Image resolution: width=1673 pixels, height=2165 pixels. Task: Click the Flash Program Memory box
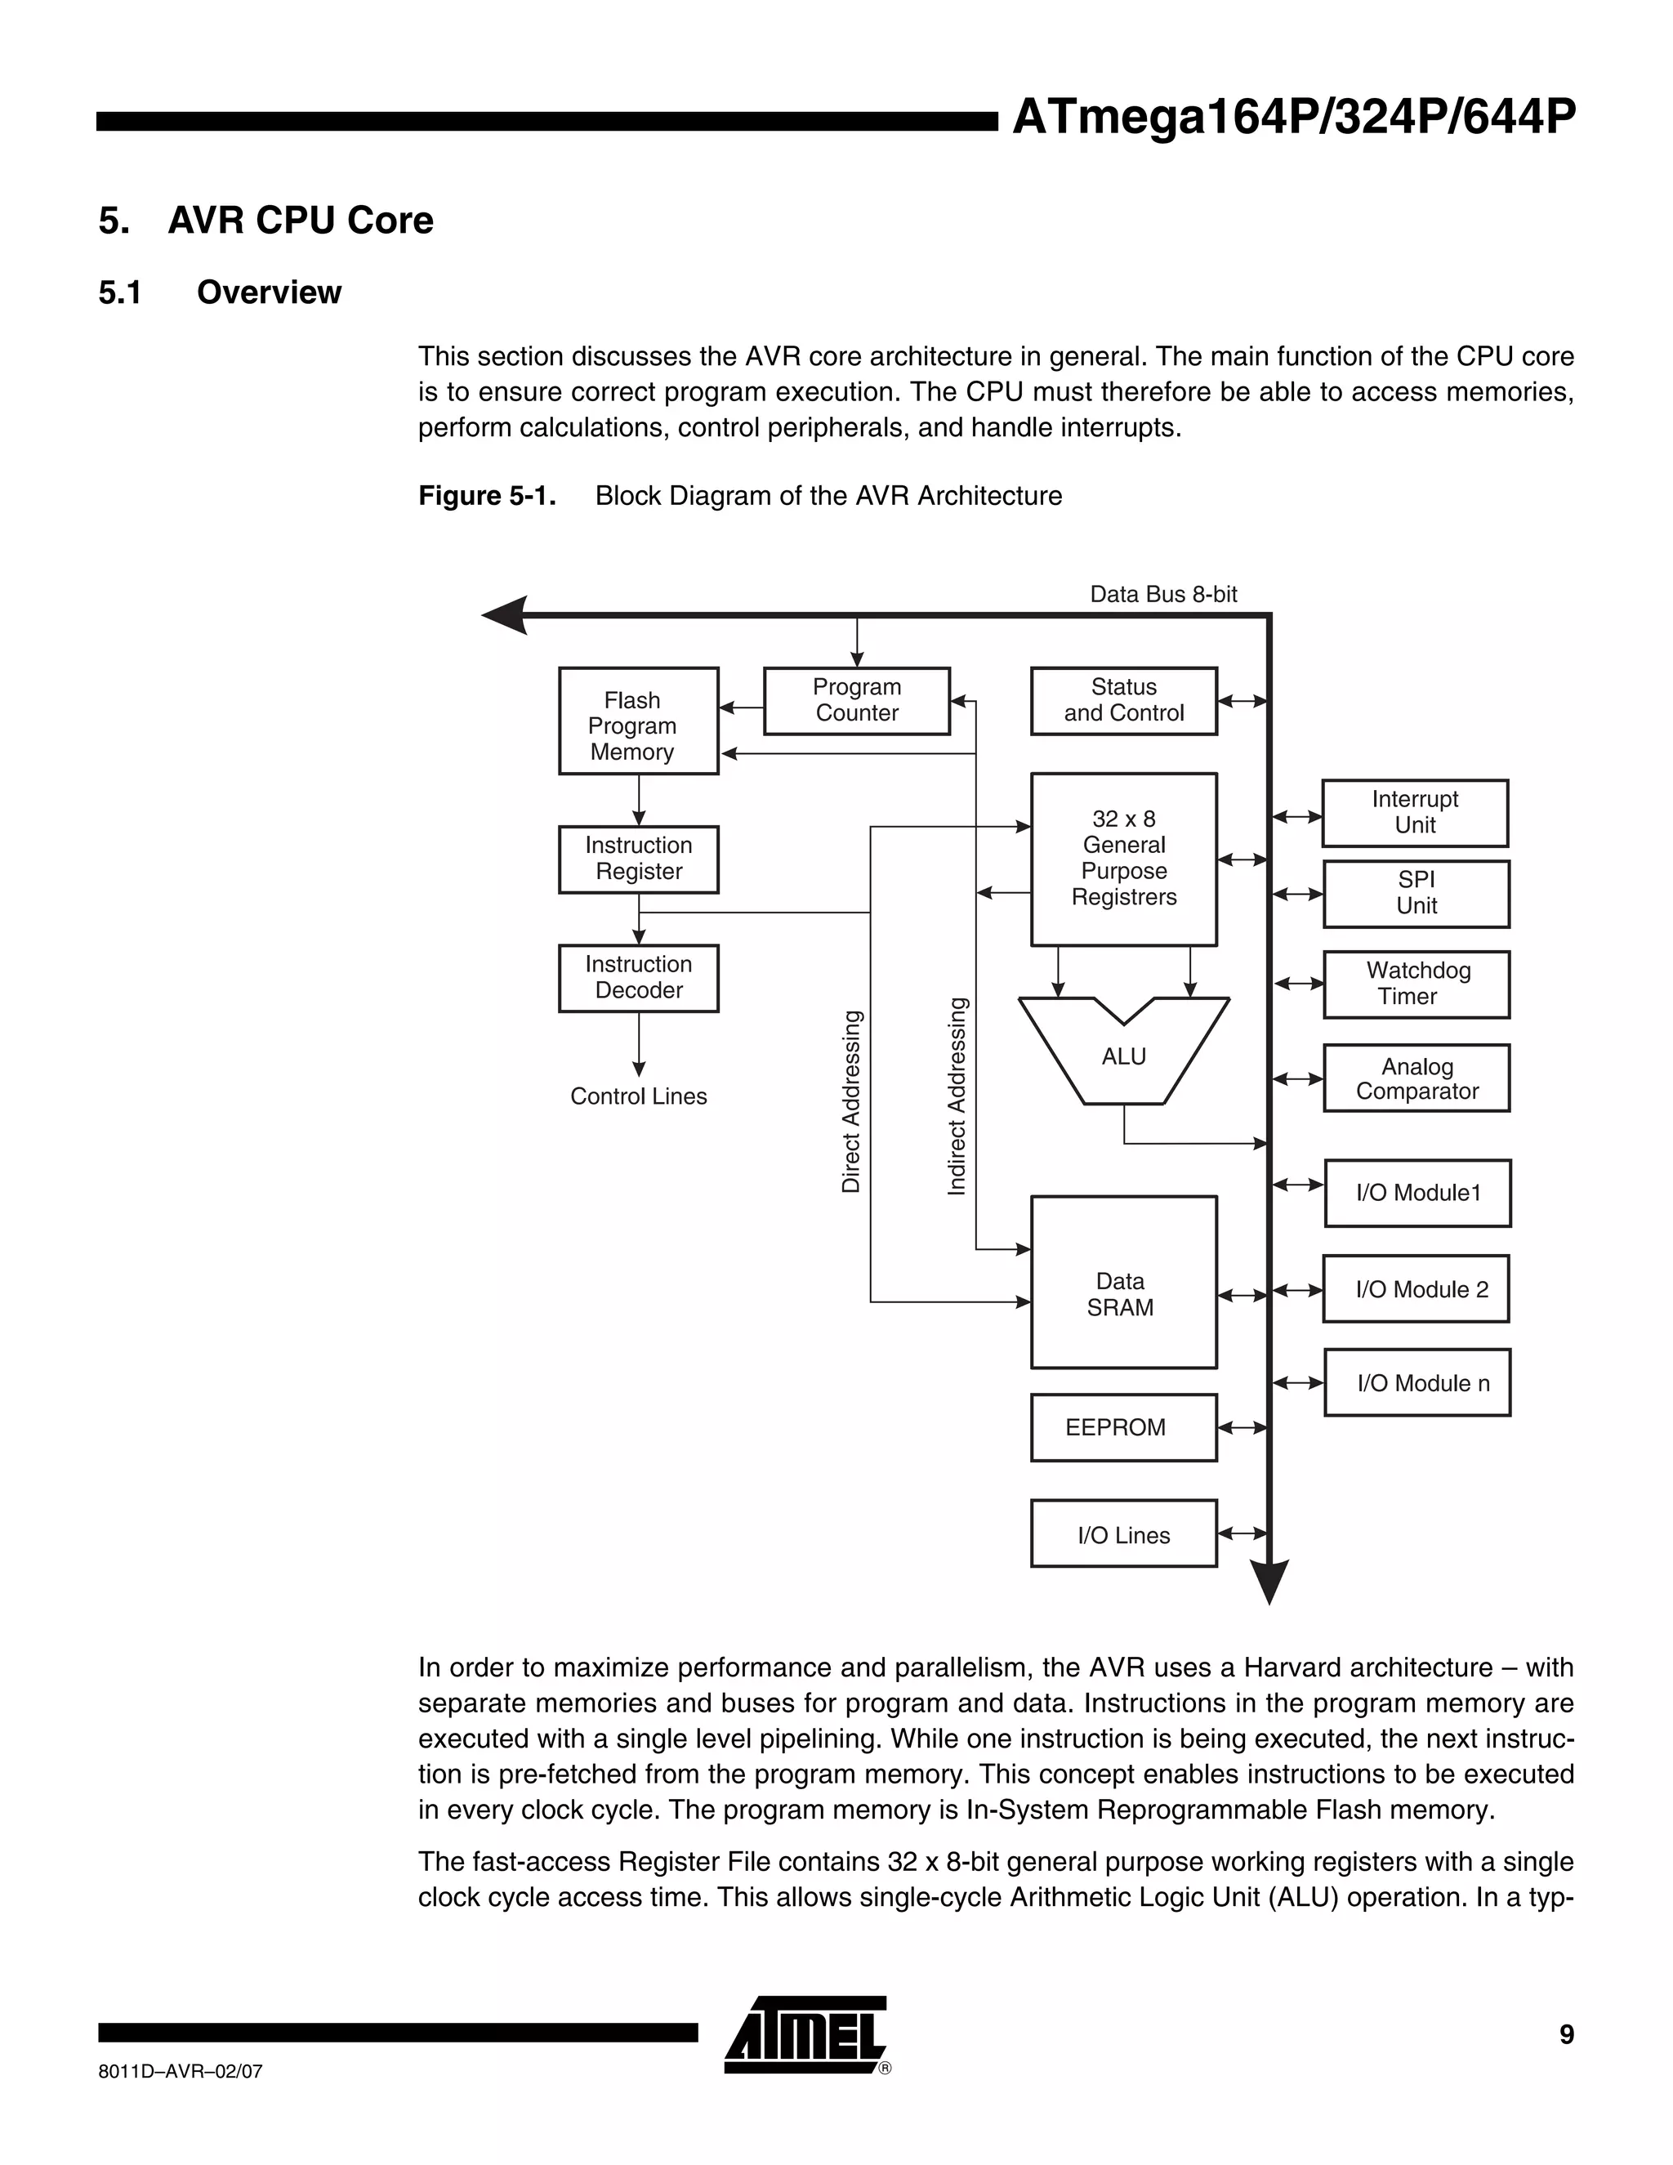tap(638, 721)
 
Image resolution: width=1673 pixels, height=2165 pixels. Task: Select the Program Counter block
tap(856, 701)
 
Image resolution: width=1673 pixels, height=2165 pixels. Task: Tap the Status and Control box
tap(1123, 701)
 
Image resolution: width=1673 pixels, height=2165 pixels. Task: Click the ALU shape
tap(1123, 1056)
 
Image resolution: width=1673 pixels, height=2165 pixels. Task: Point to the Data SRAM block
tap(1123, 1282)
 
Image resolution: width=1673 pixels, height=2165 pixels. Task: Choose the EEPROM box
tap(1123, 1427)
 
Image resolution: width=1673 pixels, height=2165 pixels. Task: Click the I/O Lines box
tap(1123, 1533)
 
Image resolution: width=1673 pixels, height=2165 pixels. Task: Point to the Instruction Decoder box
tap(638, 977)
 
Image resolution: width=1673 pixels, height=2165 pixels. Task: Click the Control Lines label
tap(638, 1096)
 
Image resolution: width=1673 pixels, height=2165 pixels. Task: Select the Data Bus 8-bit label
tap(1163, 594)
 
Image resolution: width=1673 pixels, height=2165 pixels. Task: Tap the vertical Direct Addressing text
tap(851, 1101)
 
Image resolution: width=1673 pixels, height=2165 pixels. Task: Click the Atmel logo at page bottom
tap(805, 2036)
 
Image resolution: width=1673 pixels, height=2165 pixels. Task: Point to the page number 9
tap(1566, 2034)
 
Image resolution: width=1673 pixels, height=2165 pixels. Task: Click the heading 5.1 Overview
tap(220, 292)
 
